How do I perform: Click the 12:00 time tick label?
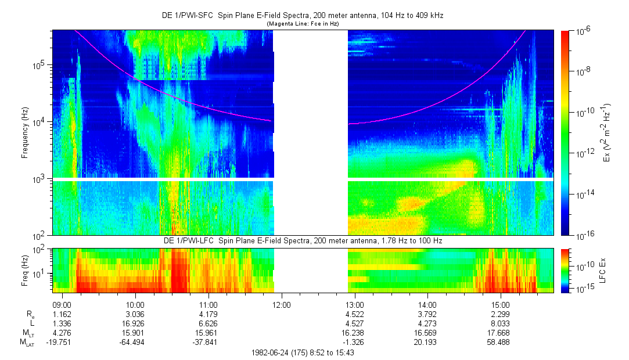click(x=281, y=304)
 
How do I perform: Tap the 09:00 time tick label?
click(x=62, y=304)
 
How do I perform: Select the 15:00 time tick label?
click(x=501, y=304)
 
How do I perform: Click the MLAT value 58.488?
click(x=501, y=343)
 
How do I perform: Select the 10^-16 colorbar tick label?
click(x=582, y=235)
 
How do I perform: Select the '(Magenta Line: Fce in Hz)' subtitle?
click(x=303, y=24)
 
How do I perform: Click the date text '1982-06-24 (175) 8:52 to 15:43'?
click(x=303, y=352)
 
